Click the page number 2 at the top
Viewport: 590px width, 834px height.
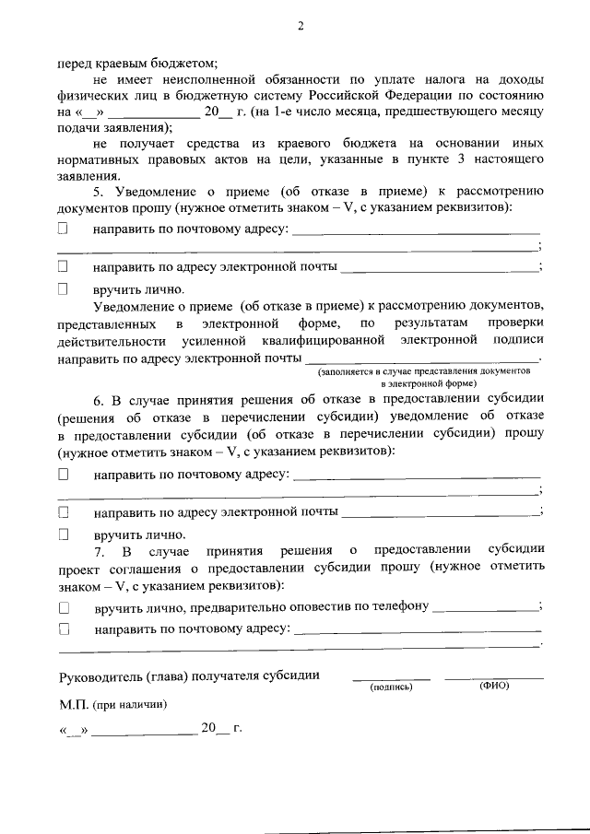[x=300, y=25]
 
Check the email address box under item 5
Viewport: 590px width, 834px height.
[x=64, y=266]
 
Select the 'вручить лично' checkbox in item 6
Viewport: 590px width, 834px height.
[x=64, y=534]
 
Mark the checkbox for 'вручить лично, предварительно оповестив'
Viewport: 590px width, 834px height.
[x=64, y=607]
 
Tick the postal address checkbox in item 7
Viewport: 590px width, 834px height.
[x=64, y=628]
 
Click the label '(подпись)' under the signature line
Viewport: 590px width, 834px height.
[x=391, y=687]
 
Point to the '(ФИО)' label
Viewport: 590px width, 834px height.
[x=494, y=686]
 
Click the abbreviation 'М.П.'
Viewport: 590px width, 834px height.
[x=73, y=703]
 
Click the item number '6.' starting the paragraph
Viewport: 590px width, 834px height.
[x=100, y=399]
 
